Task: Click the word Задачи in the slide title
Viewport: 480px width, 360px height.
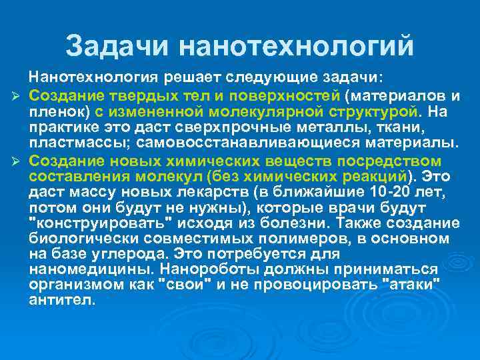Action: pos(119,45)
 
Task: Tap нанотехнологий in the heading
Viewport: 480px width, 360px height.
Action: pos(297,45)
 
